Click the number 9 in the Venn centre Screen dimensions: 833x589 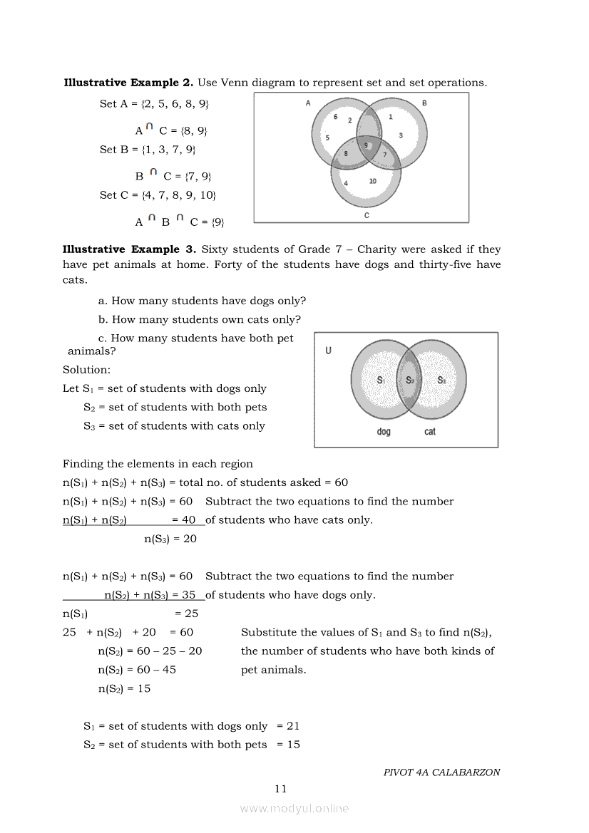(x=366, y=145)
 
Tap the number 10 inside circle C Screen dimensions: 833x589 (x=373, y=181)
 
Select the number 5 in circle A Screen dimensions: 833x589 (x=328, y=138)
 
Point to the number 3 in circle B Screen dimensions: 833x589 (x=400, y=135)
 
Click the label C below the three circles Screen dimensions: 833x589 (x=367, y=214)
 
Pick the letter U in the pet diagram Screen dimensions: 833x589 (x=328, y=351)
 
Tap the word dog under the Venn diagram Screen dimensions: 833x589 (x=384, y=432)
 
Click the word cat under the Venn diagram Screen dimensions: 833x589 (x=430, y=432)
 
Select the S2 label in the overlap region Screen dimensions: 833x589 (x=410, y=380)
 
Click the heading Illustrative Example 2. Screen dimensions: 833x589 (x=128, y=83)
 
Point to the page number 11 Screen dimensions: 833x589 (x=280, y=788)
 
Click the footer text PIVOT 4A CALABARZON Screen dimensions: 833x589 (x=441, y=772)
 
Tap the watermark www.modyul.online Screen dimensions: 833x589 (x=294, y=808)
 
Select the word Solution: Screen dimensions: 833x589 (x=86, y=370)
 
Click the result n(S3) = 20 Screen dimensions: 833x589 (x=170, y=539)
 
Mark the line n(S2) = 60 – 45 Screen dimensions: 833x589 (x=137, y=670)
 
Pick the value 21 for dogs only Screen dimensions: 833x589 (x=293, y=726)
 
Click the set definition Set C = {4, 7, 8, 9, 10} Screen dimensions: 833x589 (x=158, y=195)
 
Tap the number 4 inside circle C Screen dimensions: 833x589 (x=346, y=183)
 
